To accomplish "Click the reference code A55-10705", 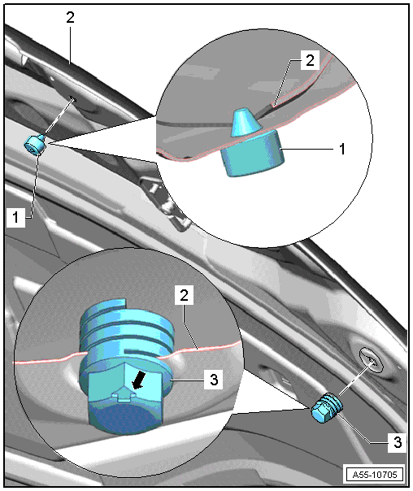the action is (x=375, y=475).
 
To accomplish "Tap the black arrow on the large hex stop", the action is (x=138, y=380).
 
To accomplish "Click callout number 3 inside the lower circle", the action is (x=214, y=380).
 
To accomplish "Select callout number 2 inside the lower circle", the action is (x=184, y=295).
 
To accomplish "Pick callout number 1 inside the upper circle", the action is (x=342, y=149).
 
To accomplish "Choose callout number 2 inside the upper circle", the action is (x=310, y=60).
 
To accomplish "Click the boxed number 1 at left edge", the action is (x=15, y=217).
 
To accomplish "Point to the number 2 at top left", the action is (x=70, y=17).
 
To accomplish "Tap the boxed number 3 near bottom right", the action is (x=398, y=442).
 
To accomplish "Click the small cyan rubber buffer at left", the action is (x=35, y=145).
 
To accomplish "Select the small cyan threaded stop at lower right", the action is (x=327, y=407).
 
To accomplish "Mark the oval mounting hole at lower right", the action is (x=371, y=359).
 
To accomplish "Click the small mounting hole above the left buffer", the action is (x=73, y=99).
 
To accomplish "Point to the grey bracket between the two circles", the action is (x=163, y=201).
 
